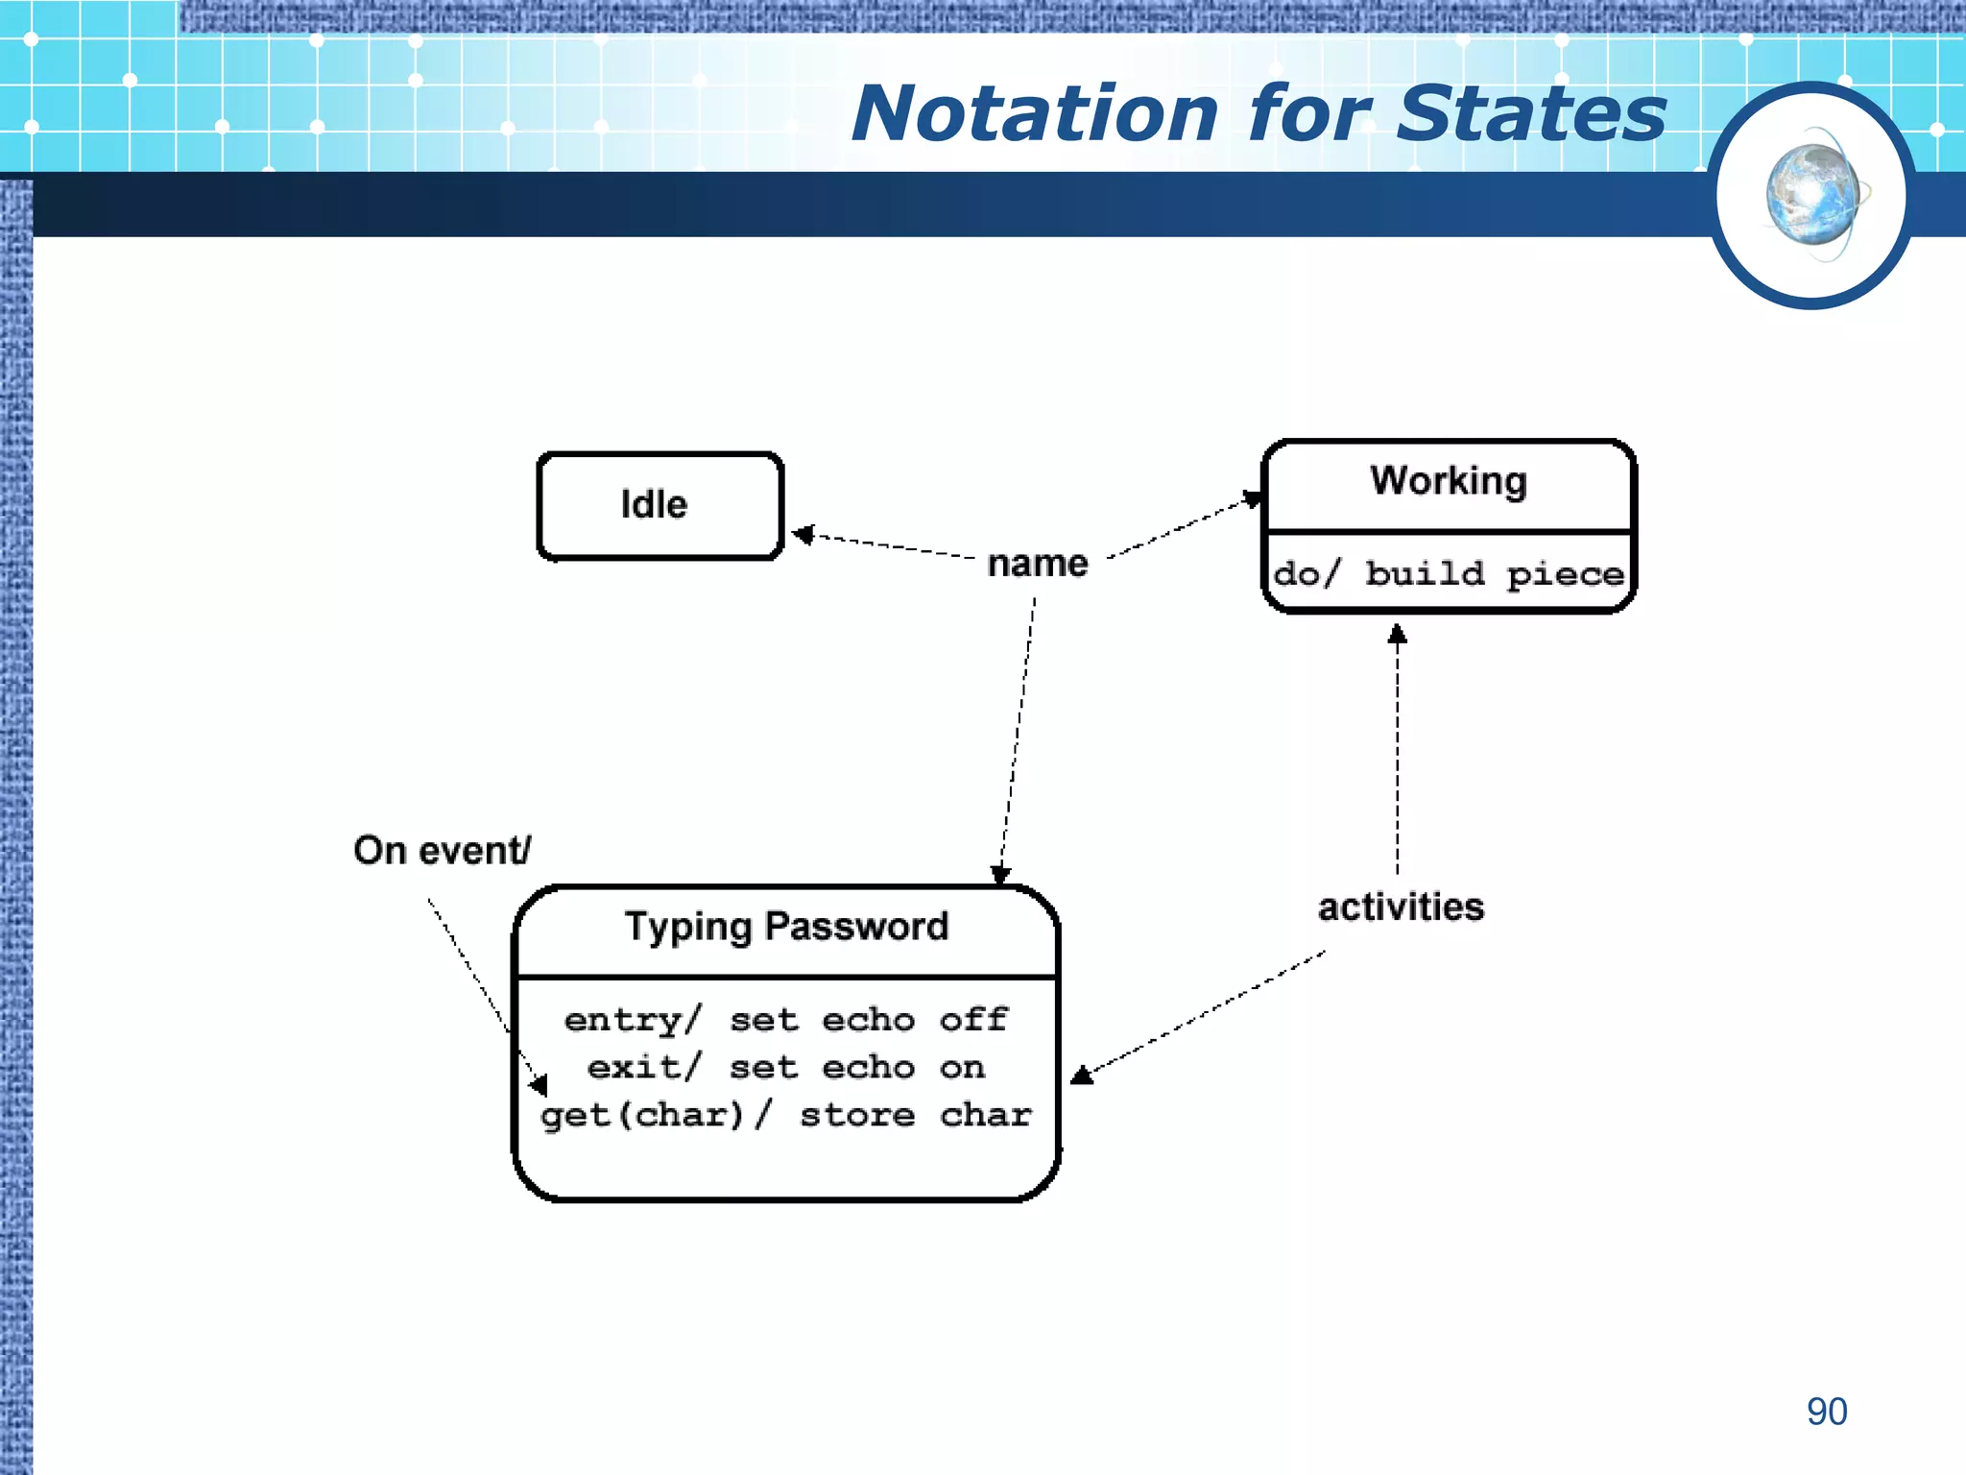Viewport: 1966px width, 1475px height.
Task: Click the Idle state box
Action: pyautogui.click(x=660, y=505)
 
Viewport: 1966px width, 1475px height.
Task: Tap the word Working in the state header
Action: pyautogui.click(x=1448, y=480)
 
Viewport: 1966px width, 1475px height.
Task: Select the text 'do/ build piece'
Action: pyautogui.click(x=1448, y=574)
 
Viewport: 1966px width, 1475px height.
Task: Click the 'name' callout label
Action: pyautogui.click(x=1038, y=563)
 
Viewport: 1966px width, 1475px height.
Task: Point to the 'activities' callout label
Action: pyautogui.click(x=1401, y=907)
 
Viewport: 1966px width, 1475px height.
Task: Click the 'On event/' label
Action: pyautogui.click(x=442, y=850)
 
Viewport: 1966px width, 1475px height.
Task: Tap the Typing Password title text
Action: pyautogui.click(x=786, y=927)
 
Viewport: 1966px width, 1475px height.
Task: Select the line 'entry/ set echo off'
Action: pyautogui.click(x=786, y=1019)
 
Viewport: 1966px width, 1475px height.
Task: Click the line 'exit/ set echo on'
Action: pyautogui.click(x=786, y=1067)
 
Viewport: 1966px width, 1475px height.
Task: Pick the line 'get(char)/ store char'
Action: pyautogui.click(x=786, y=1115)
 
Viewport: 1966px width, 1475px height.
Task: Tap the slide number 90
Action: pyautogui.click(x=1826, y=1412)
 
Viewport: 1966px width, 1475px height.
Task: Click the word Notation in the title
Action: pyautogui.click(x=1035, y=113)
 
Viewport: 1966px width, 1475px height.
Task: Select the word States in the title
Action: pyautogui.click(x=1530, y=113)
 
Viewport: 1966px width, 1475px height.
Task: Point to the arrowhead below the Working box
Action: pyautogui.click(x=1398, y=635)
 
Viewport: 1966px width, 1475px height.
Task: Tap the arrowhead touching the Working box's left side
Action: pyautogui.click(x=1252, y=498)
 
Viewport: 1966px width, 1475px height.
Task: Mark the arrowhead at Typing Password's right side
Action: pyautogui.click(x=1082, y=1075)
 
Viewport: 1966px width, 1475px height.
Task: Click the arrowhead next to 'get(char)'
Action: pyautogui.click(x=539, y=1085)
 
